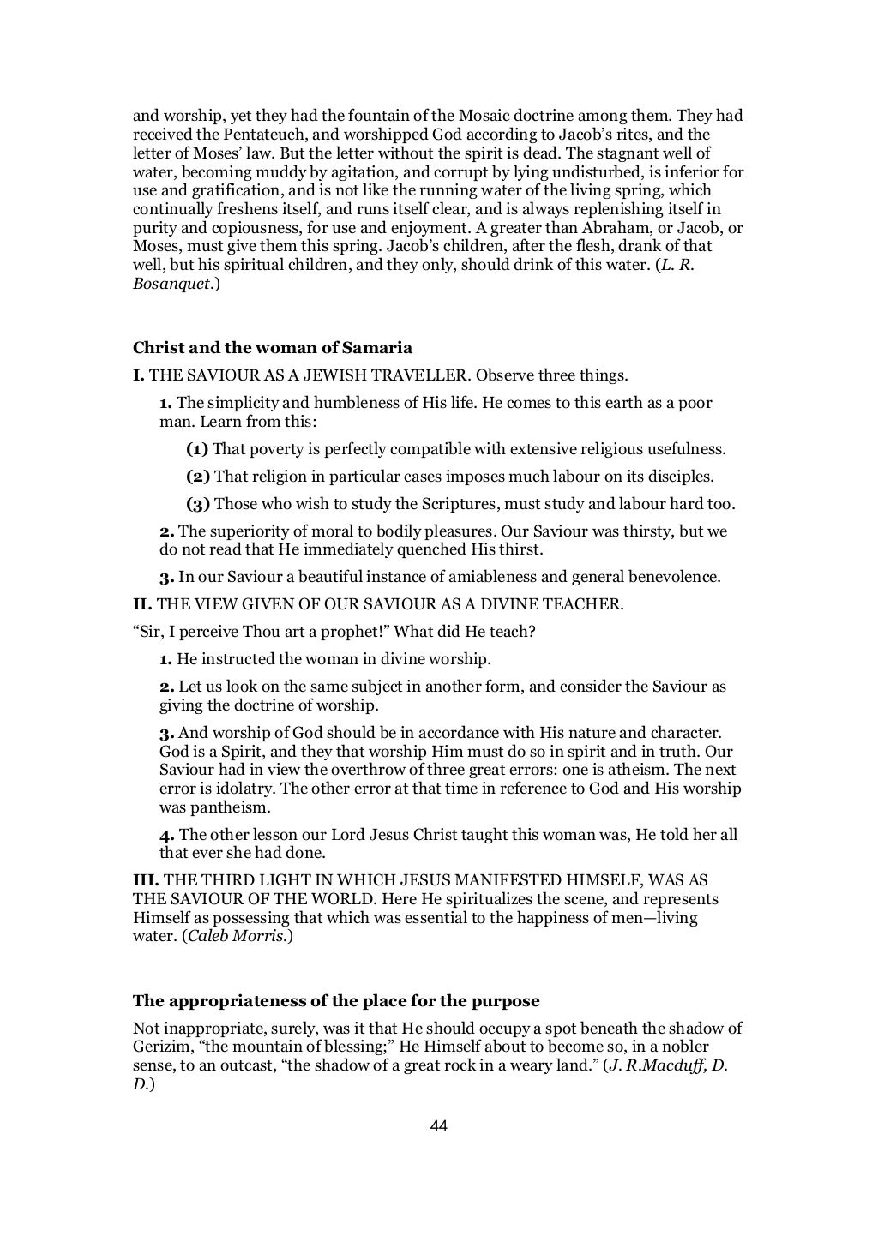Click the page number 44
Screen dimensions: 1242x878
tap(438, 1125)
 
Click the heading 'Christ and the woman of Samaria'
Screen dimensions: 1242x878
tap(273, 348)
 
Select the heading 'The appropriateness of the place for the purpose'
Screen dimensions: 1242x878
tap(336, 1001)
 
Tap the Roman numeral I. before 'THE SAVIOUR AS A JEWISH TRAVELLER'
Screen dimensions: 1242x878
tap(139, 375)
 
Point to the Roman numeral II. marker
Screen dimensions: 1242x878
tap(142, 603)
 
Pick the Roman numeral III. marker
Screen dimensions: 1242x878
tap(146, 881)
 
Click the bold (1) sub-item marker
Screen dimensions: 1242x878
tap(197, 449)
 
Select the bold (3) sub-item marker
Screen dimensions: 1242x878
tap(198, 504)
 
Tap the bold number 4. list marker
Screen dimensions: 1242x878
tap(167, 835)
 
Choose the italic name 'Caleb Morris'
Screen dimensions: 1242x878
tap(238, 937)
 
